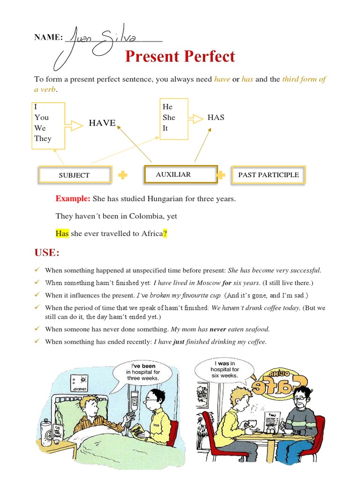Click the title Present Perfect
[x=180, y=57]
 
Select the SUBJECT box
[x=75, y=175]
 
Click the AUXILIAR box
[x=180, y=174]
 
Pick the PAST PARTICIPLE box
[x=268, y=174]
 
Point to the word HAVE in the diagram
[x=102, y=123]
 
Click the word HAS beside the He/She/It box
[x=216, y=117]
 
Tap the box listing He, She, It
[x=174, y=118]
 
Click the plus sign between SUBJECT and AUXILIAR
[x=123, y=175]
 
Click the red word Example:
[x=73, y=199]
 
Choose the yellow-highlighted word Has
[x=62, y=233]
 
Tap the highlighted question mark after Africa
[x=165, y=233]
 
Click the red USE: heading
[x=47, y=253]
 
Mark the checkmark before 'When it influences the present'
[x=37, y=295]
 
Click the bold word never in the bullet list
[x=217, y=329]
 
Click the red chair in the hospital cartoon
[x=172, y=431]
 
